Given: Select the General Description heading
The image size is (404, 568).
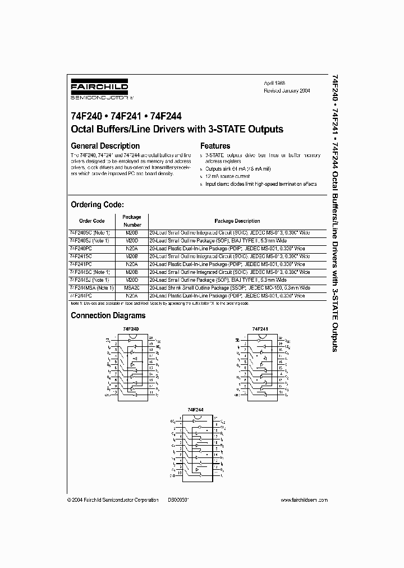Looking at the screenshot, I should click(105, 146).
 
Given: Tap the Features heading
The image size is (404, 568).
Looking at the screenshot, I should click(215, 146).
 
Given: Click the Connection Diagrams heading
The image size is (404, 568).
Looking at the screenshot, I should click(108, 315).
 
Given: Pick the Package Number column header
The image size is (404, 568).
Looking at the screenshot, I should click(131, 221).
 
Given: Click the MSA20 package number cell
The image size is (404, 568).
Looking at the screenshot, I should click(131, 287).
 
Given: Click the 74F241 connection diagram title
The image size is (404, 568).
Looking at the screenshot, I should click(260, 328).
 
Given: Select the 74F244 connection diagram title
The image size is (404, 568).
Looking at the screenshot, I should click(195, 410).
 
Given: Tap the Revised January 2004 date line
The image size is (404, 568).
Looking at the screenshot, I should click(287, 90).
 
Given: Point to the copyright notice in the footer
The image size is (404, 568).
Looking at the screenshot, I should click(112, 499).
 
